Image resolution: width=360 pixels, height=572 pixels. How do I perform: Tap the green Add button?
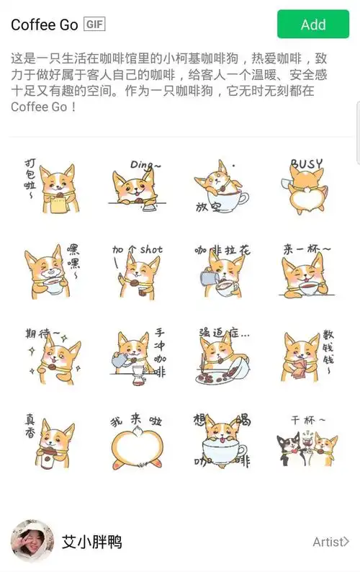pyautogui.click(x=312, y=24)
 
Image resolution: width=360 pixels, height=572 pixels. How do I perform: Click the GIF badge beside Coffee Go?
pyautogui.click(x=94, y=24)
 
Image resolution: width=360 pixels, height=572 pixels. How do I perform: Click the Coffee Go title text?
pyautogui.click(x=43, y=24)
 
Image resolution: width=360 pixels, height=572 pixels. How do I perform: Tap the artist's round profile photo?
pyautogui.click(x=32, y=542)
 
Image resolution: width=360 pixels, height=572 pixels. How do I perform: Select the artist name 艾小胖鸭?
pyautogui.click(x=91, y=542)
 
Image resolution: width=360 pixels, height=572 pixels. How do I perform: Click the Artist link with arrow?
pyautogui.click(x=330, y=542)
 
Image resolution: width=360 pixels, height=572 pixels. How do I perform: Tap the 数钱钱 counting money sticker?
pyautogui.click(x=306, y=354)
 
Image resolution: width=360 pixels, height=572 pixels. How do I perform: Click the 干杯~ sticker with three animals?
pyautogui.click(x=306, y=441)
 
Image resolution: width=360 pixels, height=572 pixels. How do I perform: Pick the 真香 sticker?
pyautogui.click(x=50, y=439)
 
